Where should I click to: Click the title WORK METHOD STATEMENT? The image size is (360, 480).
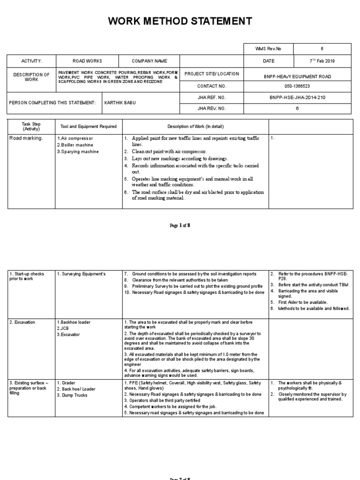(180, 21)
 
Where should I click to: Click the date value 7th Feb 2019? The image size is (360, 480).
(322, 61)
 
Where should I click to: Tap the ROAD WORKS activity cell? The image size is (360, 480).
(87, 61)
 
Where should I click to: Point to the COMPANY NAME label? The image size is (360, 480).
(149, 61)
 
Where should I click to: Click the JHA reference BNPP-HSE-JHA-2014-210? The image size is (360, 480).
(297, 97)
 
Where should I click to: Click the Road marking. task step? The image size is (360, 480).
(26, 138)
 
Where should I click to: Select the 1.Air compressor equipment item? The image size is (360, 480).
(75, 139)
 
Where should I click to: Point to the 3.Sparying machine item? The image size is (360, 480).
(78, 152)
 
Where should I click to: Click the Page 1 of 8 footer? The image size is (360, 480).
(180, 225)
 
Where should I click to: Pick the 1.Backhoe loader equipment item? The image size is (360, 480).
(74, 322)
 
